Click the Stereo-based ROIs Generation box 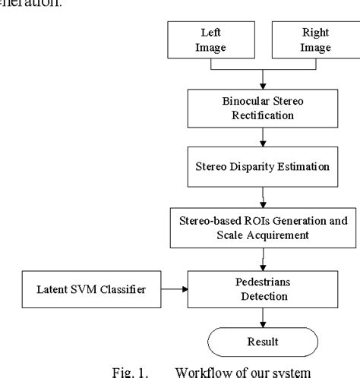[x=261, y=225]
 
